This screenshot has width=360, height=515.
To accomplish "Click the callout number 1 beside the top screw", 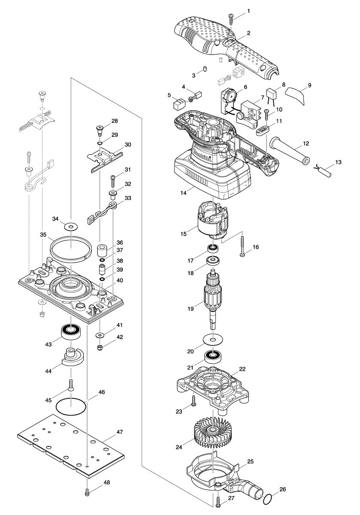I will point(248,10).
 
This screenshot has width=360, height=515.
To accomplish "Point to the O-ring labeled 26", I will point(267,499).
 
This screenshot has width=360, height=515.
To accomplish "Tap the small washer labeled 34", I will point(68,226).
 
